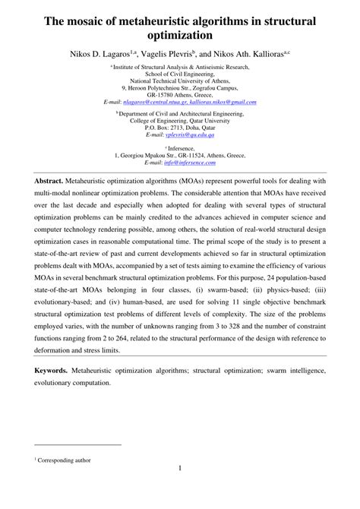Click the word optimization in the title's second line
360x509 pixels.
click(179, 34)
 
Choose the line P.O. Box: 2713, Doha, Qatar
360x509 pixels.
click(179, 128)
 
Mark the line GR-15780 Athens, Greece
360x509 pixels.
click(179, 94)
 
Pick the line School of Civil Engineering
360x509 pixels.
click(179, 74)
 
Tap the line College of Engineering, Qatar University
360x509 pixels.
click(179, 122)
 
